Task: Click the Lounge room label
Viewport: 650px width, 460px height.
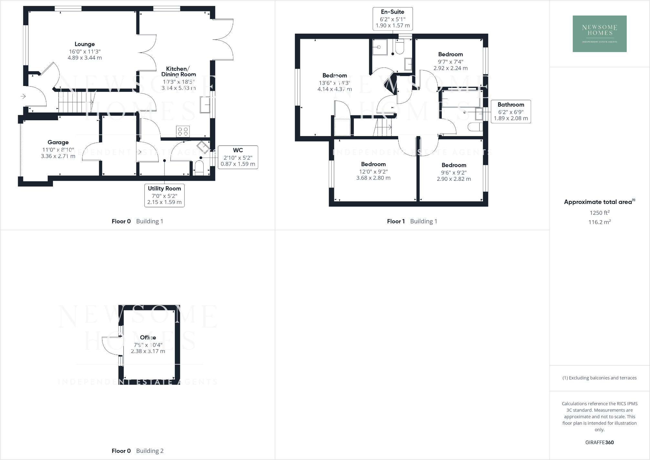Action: point(85,44)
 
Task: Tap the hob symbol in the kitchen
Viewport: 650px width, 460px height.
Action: point(183,131)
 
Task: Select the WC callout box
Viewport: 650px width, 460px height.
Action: point(238,157)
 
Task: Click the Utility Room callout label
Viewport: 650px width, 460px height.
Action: point(164,195)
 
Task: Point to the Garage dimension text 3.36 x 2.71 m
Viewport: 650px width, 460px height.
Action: point(58,156)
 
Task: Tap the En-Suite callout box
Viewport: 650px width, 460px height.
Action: point(392,19)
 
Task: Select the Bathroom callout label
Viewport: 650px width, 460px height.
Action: point(511,112)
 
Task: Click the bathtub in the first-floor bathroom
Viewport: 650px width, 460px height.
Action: point(461,99)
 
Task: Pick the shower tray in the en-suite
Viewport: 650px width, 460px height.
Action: point(379,48)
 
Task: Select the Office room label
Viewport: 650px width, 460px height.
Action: point(148,337)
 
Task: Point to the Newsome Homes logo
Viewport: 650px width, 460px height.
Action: point(599,34)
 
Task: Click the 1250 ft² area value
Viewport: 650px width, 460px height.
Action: point(599,213)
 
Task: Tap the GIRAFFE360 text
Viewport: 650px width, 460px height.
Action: point(599,443)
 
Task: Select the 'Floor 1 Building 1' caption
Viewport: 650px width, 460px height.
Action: point(412,221)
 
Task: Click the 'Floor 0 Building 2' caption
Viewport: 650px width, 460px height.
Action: point(137,451)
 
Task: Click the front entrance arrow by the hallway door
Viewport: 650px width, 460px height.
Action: point(23,96)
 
